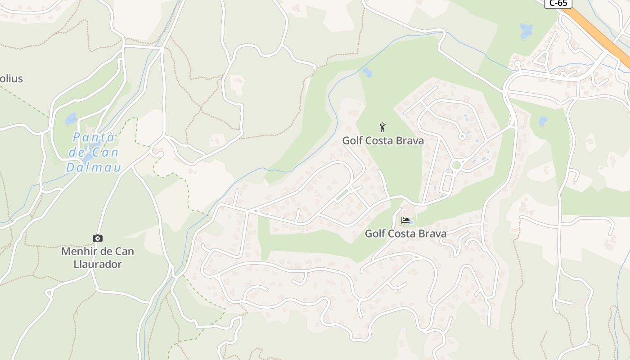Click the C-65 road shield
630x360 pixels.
[x=558, y=3]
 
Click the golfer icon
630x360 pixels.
[x=382, y=127]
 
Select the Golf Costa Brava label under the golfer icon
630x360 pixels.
[x=383, y=140]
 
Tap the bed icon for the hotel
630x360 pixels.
[x=405, y=220]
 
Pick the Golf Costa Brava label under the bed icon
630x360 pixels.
[x=405, y=234]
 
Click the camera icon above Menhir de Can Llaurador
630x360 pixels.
[x=97, y=238]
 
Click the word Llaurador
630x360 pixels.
[x=98, y=264]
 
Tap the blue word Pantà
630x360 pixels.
[x=94, y=137]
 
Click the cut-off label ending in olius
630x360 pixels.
[x=11, y=79]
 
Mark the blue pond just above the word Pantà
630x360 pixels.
[x=71, y=119]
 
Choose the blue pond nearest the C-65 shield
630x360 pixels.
[x=526, y=31]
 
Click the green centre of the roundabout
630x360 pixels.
[x=456, y=165]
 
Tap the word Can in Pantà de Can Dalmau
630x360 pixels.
[x=106, y=153]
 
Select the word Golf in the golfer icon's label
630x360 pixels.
[x=352, y=140]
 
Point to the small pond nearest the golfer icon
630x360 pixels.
[x=368, y=72]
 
